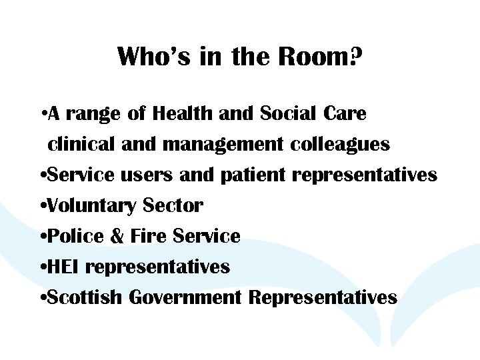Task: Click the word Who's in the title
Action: [155, 57]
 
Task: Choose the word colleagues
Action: [340, 145]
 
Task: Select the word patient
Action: [253, 175]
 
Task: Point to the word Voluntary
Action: [90, 207]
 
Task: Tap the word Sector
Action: [173, 206]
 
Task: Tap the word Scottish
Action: [85, 297]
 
